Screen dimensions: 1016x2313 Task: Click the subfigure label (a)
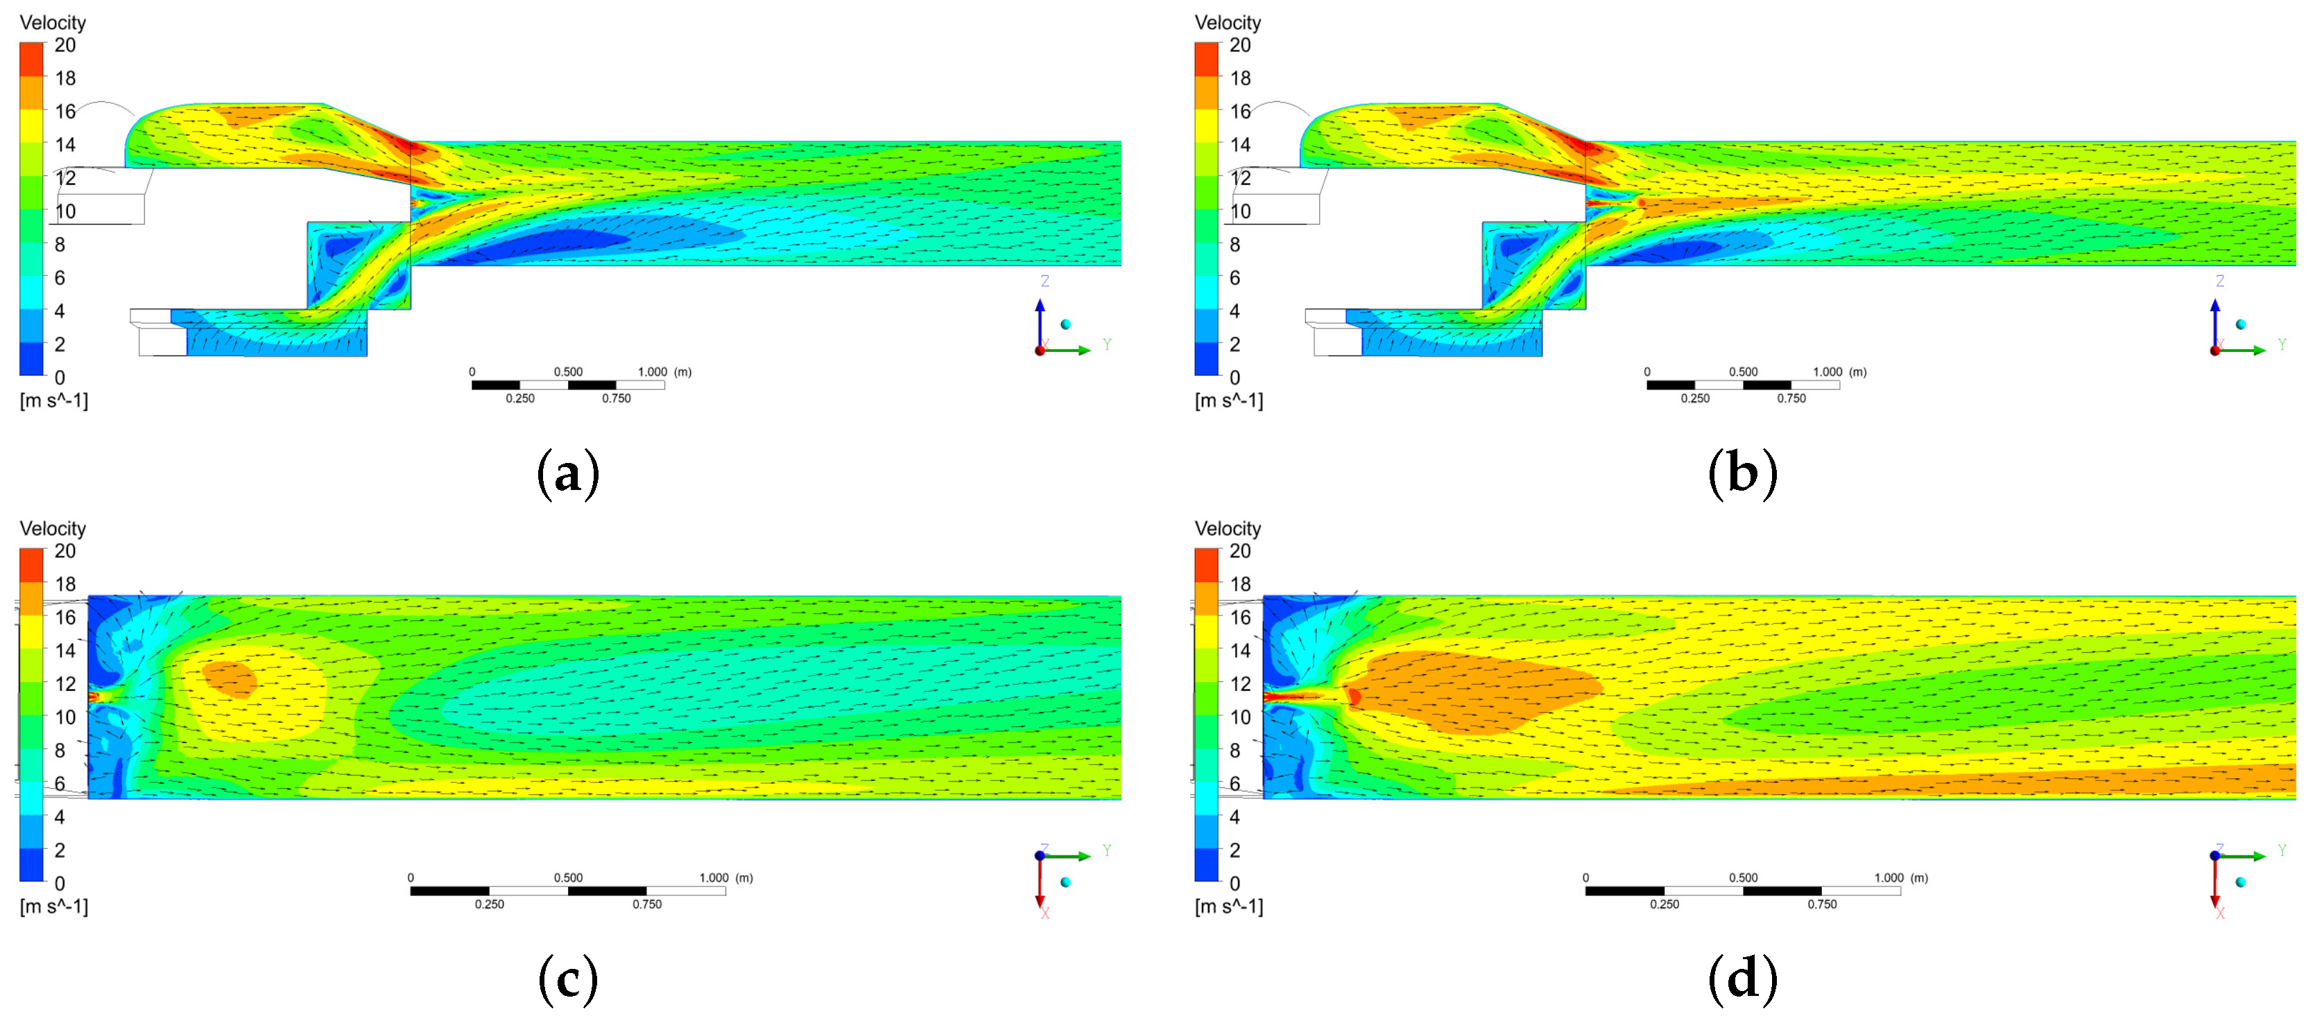point(567,473)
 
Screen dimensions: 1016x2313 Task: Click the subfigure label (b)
point(1742,473)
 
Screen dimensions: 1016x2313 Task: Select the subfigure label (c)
point(567,979)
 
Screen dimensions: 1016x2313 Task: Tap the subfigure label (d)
point(1742,979)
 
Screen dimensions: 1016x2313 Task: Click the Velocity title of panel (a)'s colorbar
point(53,22)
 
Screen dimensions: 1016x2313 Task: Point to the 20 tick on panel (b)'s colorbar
point(1240,45)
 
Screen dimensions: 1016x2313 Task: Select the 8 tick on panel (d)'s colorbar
point(1235,751)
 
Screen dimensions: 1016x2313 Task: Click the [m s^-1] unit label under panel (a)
point(54,401)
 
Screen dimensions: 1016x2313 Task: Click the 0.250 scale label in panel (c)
point(490,904)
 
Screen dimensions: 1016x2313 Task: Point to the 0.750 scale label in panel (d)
point(1822,904)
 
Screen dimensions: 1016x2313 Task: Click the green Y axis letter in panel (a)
point(1107,344)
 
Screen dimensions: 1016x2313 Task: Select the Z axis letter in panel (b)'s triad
point(2219,281)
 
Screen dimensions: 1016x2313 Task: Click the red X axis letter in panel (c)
point(1045,913)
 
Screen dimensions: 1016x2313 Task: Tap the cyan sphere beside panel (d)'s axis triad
point(2240,882)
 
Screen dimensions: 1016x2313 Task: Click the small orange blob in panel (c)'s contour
point(230,678)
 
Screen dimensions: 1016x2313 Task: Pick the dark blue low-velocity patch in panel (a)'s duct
point(566,240)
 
